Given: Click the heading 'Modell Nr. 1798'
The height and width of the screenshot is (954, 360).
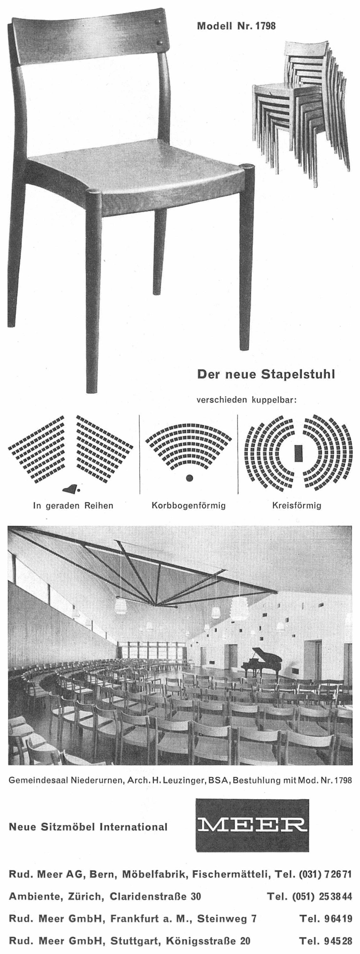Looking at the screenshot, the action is tap(236, 26).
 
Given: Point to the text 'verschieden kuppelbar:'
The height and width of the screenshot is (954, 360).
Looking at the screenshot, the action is tap(247, 400).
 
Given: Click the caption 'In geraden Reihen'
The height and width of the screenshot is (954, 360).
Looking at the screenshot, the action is tap(73, 505).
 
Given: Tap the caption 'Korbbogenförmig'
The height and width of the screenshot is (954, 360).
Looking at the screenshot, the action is tap(189, 505).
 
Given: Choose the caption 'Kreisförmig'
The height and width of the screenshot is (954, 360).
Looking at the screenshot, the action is tap(297, 505).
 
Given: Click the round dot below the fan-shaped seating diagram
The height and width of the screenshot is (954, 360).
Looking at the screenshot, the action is tap(190, 478).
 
